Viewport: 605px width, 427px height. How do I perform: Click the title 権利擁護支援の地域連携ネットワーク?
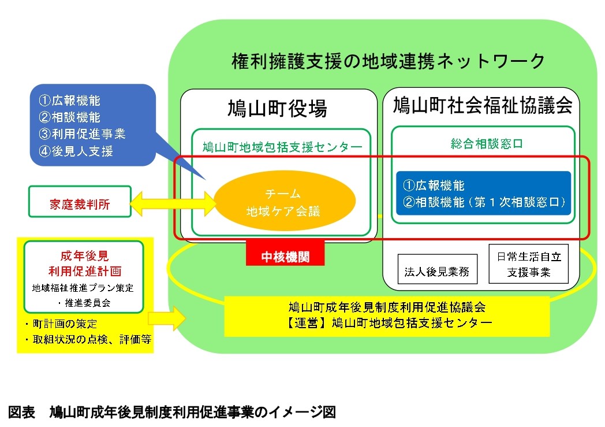coord(388,60)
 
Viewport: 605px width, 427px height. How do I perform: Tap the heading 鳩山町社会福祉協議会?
coord(482,105)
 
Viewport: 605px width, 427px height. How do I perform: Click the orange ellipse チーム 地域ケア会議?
coord(282,201)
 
